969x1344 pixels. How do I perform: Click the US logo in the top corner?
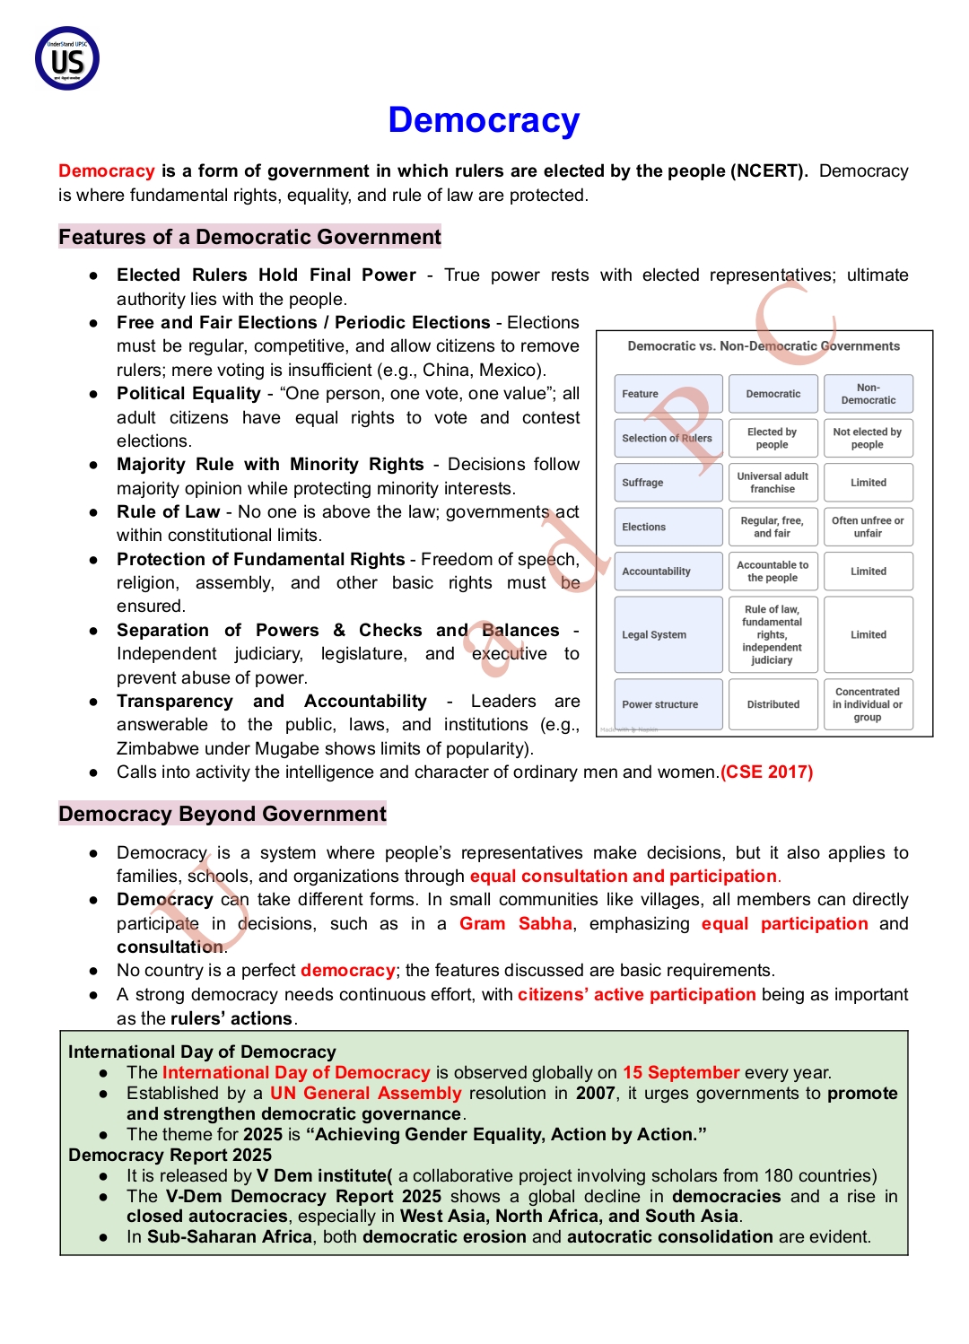tap(67, 59)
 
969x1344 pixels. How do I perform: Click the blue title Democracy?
tap(484, 120)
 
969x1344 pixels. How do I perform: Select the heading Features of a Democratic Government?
tap(249, 237)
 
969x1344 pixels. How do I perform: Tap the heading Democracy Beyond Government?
tap(222, 814)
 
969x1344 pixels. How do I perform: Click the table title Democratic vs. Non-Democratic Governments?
tap(764, 346)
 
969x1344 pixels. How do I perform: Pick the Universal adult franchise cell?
tap(773, 483)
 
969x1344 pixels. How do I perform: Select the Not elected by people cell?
tap(868, 439)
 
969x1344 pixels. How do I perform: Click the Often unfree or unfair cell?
tap(868, 528)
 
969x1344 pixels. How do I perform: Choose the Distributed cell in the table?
tap(773, 705)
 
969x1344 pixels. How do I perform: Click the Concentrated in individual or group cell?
tap(868, 705)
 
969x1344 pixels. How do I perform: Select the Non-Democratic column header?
tap(868, 394)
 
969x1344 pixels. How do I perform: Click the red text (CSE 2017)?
tap(767, 772)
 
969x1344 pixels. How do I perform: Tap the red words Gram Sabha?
tap(516, 924)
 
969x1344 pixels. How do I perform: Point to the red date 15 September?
tap(681, 1073)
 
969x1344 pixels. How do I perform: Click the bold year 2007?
tap(596, 1094)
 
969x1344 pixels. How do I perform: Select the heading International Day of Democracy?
tap(202, 1052)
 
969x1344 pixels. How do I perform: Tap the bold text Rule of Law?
tap(168, 512)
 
